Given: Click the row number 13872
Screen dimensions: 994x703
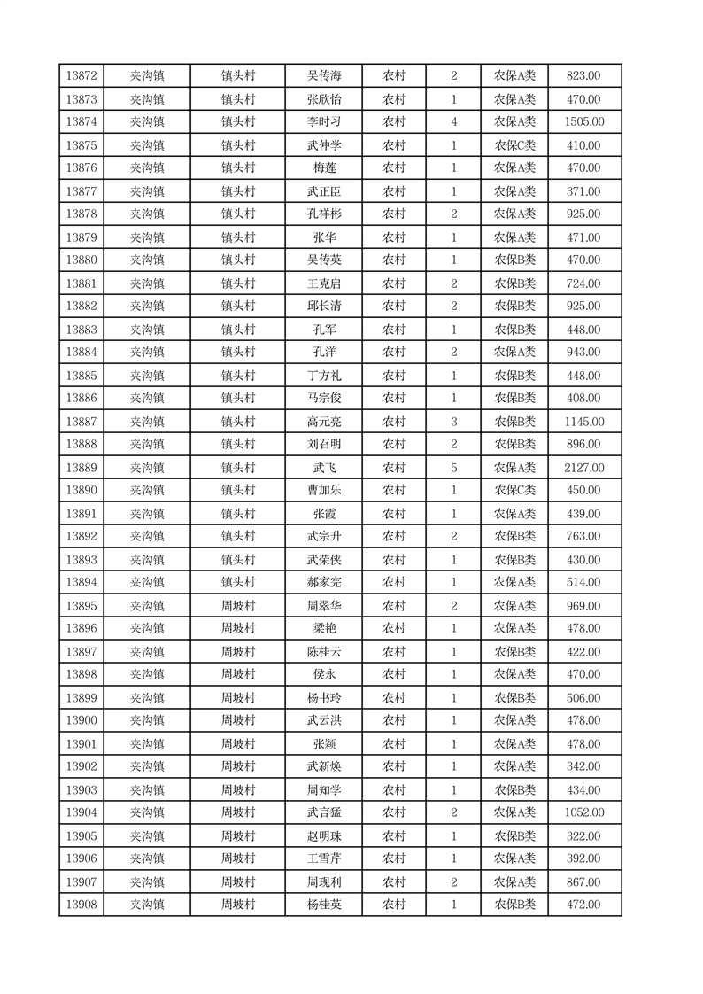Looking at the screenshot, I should (81, 76).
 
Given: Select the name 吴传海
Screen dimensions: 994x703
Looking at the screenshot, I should (324, 76).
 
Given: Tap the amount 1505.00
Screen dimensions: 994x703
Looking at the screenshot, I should (583, 122).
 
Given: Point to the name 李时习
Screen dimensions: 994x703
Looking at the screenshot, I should (324, 122).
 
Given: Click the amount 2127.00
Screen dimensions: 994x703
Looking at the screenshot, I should (583, 468).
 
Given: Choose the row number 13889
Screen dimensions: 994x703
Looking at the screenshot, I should (81, 468).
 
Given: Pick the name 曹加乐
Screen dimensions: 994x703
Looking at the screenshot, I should (324, 491).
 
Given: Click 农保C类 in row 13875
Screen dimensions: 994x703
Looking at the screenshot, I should (514, 145).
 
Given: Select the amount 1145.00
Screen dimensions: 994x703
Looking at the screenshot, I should (583, 422).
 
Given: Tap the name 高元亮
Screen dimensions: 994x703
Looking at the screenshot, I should (324, 422).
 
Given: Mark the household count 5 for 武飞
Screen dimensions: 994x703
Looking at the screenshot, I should (454, 468).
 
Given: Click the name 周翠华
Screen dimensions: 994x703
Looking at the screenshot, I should (324, 606).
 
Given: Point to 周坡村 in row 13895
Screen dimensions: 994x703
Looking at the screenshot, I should (237, 606).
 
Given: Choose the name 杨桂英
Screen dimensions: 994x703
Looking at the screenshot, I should (324, 905).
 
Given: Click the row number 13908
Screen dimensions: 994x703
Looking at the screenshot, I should (81, 905).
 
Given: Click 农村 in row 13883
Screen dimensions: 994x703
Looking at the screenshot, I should (394, 330).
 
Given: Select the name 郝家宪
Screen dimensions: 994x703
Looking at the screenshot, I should (324, 583).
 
